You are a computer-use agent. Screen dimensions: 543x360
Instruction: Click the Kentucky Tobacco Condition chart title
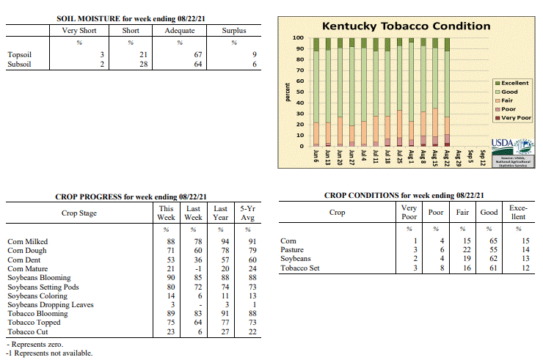[406, 26]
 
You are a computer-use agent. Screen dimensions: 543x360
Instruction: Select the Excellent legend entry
[512, 83]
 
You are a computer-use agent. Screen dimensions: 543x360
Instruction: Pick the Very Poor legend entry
[513, 118]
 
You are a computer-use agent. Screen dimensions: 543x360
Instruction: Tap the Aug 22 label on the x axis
[447, 158]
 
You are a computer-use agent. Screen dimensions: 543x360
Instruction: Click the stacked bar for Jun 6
[316, 92]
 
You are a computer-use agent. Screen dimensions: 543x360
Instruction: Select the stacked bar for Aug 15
[435, 92]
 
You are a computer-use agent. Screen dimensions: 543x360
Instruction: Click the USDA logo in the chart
[512, 148]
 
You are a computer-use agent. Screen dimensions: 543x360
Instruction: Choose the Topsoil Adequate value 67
[197, 55]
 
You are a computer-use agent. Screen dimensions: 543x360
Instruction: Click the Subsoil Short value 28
[143, 64]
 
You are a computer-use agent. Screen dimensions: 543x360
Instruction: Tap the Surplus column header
[234, 31]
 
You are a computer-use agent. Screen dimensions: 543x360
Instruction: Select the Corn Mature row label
[28, 268]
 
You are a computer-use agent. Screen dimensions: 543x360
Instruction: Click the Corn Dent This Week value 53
[171, 260]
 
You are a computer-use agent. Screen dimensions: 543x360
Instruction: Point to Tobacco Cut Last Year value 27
[225, 331]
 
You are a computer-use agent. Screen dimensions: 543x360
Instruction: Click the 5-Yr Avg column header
[247, 213]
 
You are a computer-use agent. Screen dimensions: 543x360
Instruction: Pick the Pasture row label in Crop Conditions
[292, 249]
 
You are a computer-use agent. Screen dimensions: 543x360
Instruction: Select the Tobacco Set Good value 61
[493, 268]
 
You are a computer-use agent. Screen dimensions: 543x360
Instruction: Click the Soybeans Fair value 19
[467, 259]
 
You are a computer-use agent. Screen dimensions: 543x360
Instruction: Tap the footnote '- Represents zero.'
[35, 345]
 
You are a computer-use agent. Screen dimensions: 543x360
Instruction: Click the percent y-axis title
[288, 92]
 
